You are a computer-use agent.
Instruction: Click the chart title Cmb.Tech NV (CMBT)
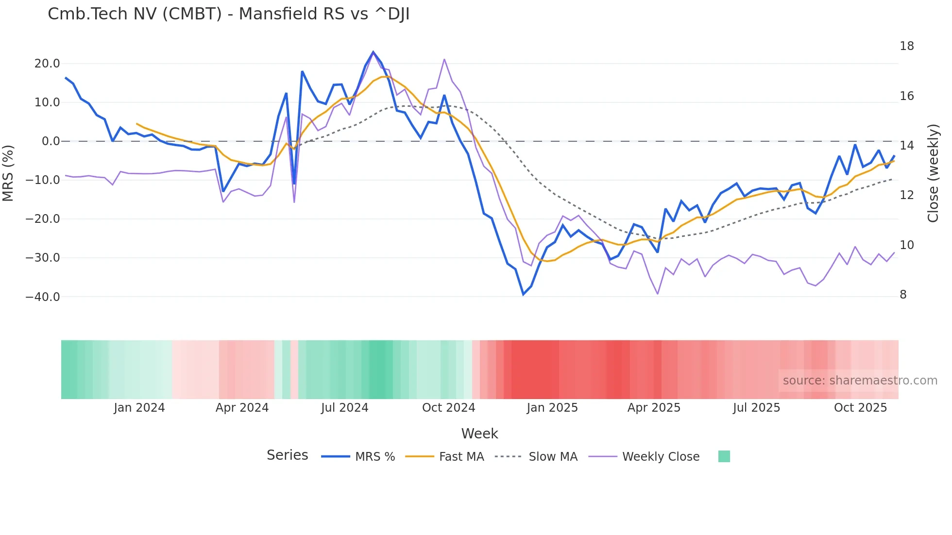click(x=228, y=14)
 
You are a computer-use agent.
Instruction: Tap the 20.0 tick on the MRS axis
click(x=47, y=64)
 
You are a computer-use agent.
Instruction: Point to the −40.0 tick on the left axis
click(x=43, y=297)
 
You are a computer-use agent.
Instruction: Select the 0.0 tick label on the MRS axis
click(x=51, y=141)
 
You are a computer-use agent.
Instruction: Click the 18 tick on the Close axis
click(x=906, y=46)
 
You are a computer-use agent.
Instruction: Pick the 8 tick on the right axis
click(x=903, y=295)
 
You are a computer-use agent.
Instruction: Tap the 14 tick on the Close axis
click(x=906, y=146)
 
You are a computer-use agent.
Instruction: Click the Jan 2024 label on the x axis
click(x=139, y=408)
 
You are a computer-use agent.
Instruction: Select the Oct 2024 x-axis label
click(x=448, y=408)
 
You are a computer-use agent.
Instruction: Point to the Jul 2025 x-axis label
click(x=756, y=408)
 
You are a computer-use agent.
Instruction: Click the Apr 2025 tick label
click(x=654, y=408)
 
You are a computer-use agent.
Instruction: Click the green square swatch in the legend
click(x=724, y=456)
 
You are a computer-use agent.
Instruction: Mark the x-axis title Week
click(x=479, y=434)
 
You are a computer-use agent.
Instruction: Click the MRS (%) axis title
click(x=8, y=173)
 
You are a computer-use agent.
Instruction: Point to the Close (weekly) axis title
click(x=933, y=173)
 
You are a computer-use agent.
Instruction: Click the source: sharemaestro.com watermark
click(x=860, y=381)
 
